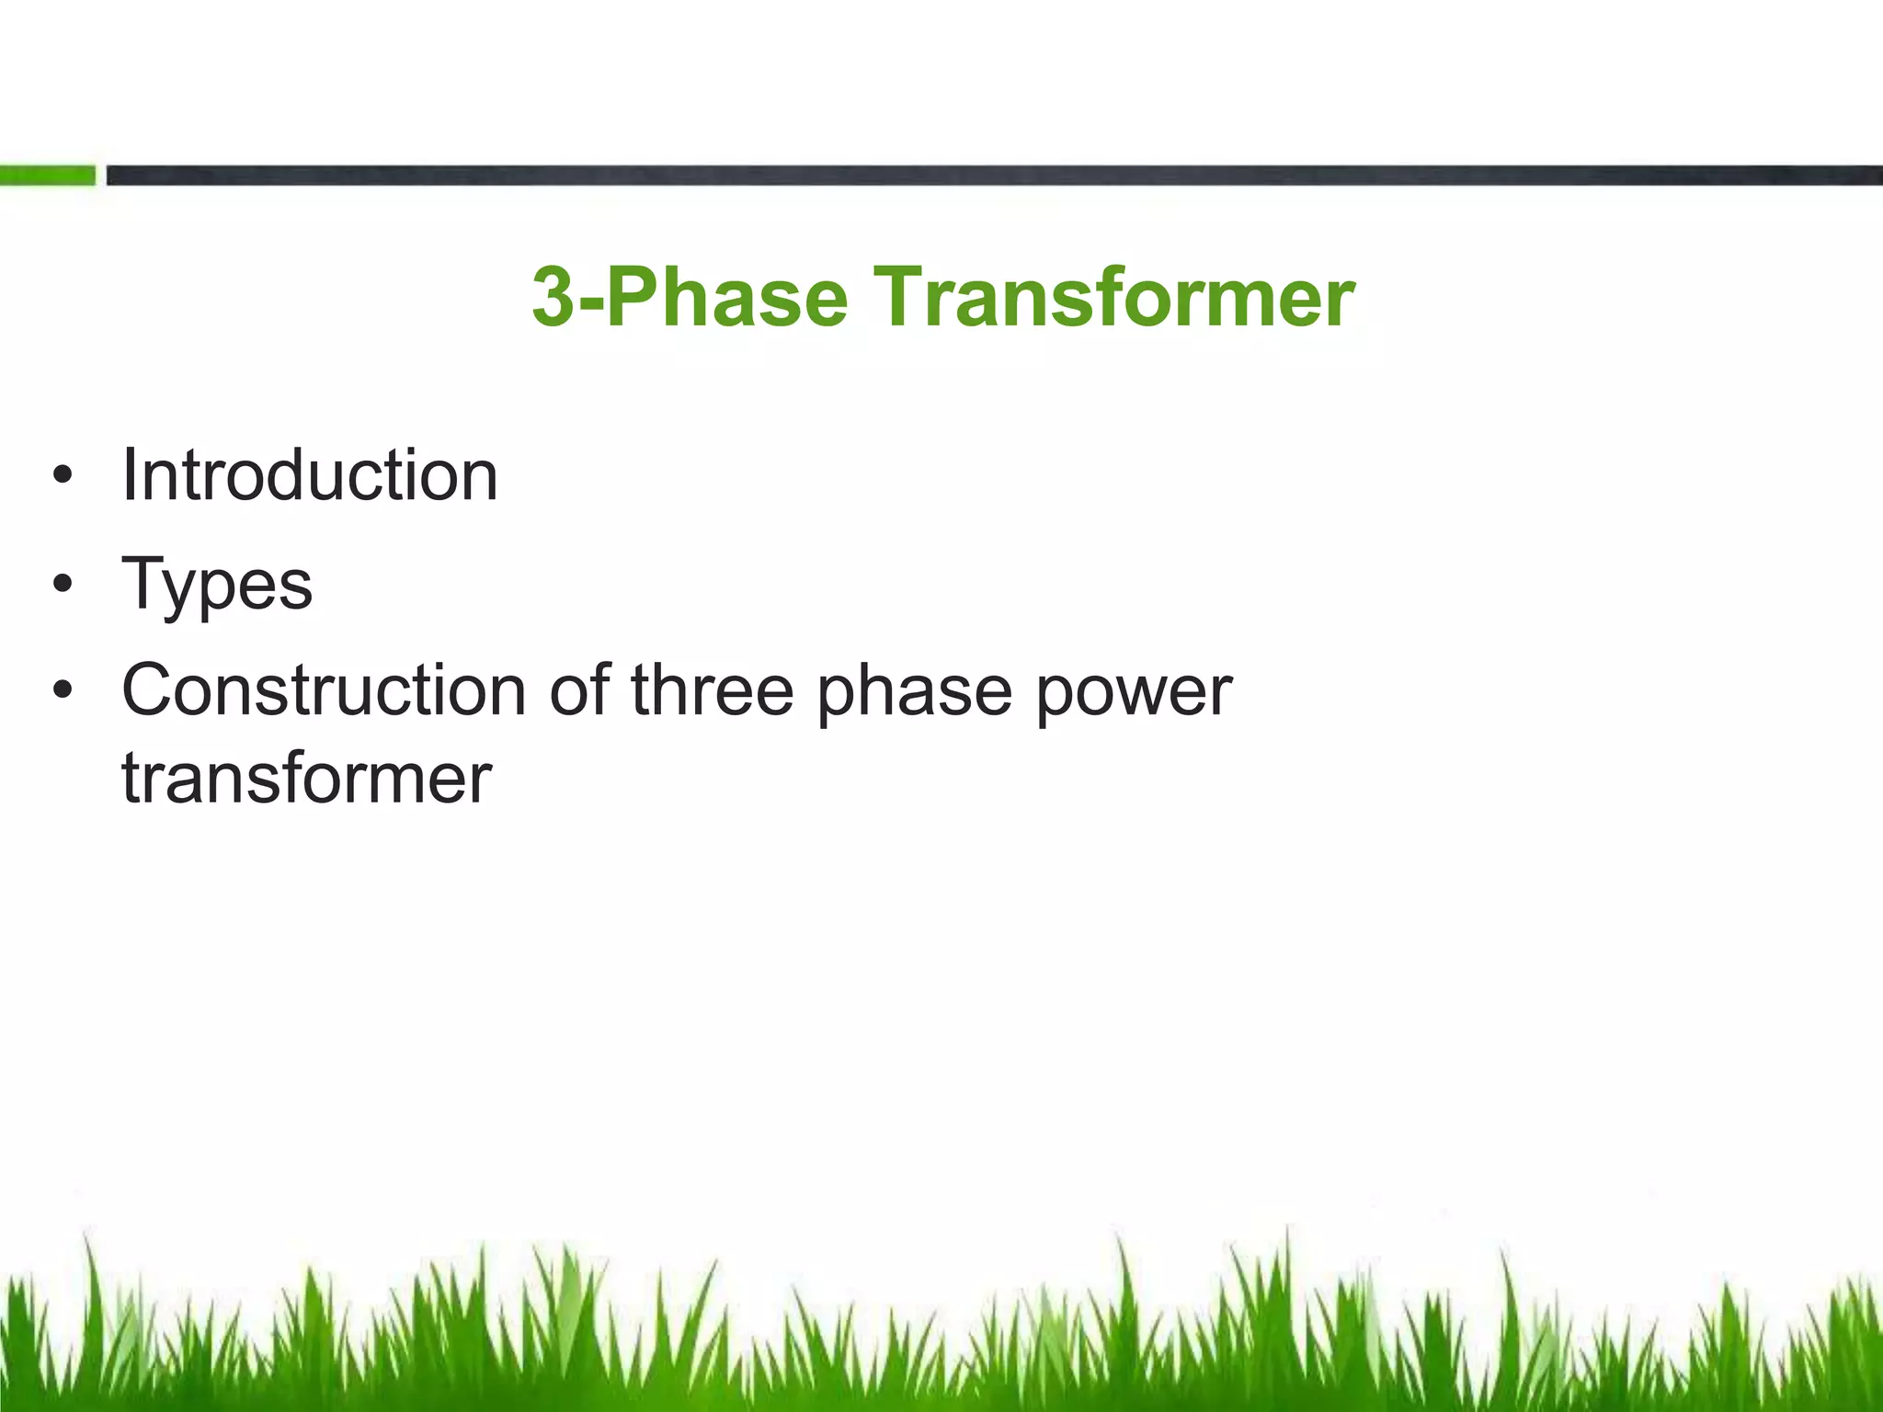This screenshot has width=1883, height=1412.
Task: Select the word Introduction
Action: click(310, 475)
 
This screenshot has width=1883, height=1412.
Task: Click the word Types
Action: click(217, 585)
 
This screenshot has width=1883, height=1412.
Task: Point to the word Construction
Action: click(324, 690)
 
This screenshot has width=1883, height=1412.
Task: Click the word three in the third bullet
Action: click(712, 690)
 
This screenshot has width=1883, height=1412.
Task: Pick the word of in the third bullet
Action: click(579, 690)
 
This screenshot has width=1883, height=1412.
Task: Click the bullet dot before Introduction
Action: click(62, 476)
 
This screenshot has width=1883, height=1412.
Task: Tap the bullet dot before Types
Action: click(62, 585)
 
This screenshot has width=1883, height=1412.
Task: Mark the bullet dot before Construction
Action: click(62, 690)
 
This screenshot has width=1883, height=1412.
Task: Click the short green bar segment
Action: click(47, 176)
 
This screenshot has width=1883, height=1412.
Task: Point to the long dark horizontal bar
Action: click(993, 176)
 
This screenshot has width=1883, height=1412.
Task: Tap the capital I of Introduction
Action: click(129, 475)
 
